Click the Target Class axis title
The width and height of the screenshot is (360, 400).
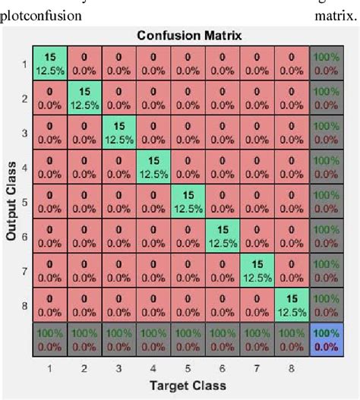click(188, 385)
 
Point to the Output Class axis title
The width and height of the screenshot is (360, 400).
click(12, 195)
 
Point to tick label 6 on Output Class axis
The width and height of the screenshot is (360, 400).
click(24, 237)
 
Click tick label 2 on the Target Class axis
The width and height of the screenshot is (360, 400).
click(85, 368)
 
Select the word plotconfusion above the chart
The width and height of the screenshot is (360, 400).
click(42, 14)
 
